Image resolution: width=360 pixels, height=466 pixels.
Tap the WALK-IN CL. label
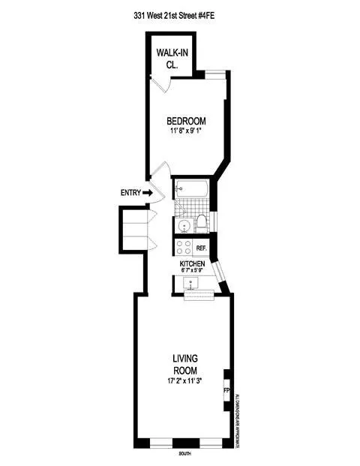pyautogui.click(x=172, y=58)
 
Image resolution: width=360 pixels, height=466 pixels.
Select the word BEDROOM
pyautogui.click(x=186, y=122)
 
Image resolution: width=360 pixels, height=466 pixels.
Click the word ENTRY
pyautogui.click(x=130, y=193)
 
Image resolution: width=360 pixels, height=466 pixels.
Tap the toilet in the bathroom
pyautogui.click(x=201, y=221)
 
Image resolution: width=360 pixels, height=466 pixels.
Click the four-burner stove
pyautogui.click(x=182, y=248)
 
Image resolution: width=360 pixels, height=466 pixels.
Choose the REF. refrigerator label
pyautogui.click(x=201, y=248)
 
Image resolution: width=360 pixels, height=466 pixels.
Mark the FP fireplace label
pyautogui.click(x=226, y=391)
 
